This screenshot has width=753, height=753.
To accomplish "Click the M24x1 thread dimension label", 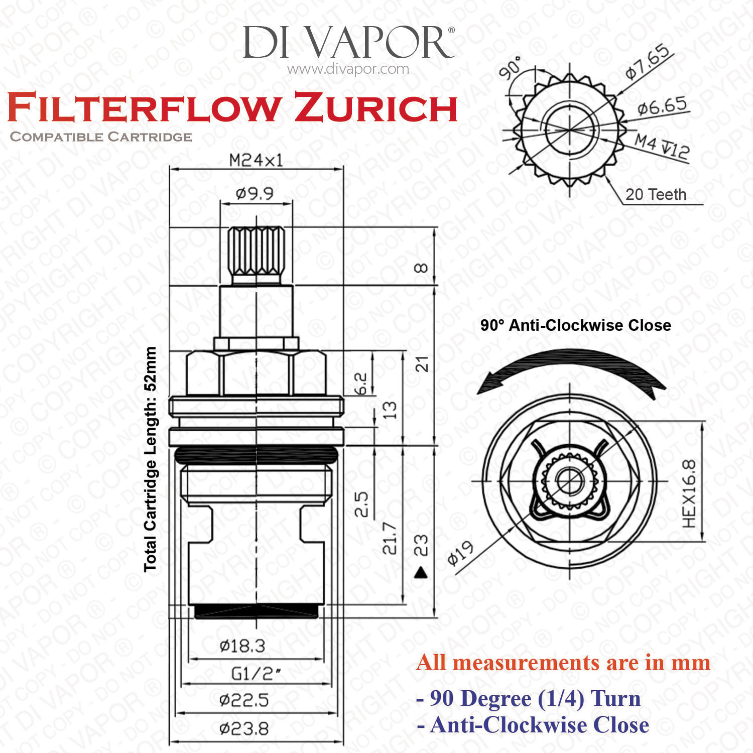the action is click(256, 160).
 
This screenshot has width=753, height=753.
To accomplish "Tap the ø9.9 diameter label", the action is click(255, 193).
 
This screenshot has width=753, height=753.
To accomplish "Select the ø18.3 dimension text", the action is click(242, 646).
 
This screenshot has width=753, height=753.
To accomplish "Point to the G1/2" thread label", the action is click(256, 673).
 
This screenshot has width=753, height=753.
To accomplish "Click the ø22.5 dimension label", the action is click(244, 700).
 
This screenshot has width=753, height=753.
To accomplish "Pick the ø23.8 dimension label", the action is click(244, 728).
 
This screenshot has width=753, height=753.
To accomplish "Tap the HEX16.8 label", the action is click(690, 493).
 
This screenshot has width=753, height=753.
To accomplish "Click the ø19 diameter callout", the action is click(460, 553).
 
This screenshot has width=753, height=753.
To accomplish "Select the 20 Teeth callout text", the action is click(656, 194).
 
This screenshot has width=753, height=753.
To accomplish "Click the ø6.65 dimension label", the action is click(662, 106).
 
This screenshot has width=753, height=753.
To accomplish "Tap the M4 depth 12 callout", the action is click(662, 146).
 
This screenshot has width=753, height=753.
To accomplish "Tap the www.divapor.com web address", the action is click(348, 69).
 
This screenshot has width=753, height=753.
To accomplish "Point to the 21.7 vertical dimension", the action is click(390, 538).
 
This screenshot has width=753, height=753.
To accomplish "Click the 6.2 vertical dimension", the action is click(361, 384).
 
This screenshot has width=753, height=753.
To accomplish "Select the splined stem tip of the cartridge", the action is click(257, 251).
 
